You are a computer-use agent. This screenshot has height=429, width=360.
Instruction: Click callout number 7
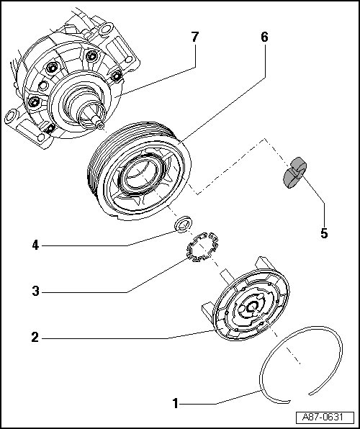[x=194, y=37]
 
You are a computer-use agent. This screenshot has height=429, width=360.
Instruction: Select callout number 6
[x=264, y=37]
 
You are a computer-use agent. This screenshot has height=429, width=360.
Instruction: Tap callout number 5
[x=324, y=233]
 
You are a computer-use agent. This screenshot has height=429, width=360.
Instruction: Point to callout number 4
[x=35, y=245]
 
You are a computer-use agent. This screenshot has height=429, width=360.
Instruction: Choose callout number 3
[x=35, y=291]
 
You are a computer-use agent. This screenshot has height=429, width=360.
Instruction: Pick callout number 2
[x=35, y=338]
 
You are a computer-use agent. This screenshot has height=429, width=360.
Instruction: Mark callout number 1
[x=176, y=404]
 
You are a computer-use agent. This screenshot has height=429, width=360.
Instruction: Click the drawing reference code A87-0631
[x=323, y=417]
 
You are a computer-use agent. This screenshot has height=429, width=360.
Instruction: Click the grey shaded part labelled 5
[x=295, y=173]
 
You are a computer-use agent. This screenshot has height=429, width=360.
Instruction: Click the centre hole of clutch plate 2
[x=251, y=307]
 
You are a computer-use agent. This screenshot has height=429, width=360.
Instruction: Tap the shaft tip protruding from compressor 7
[x=101, y=125]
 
